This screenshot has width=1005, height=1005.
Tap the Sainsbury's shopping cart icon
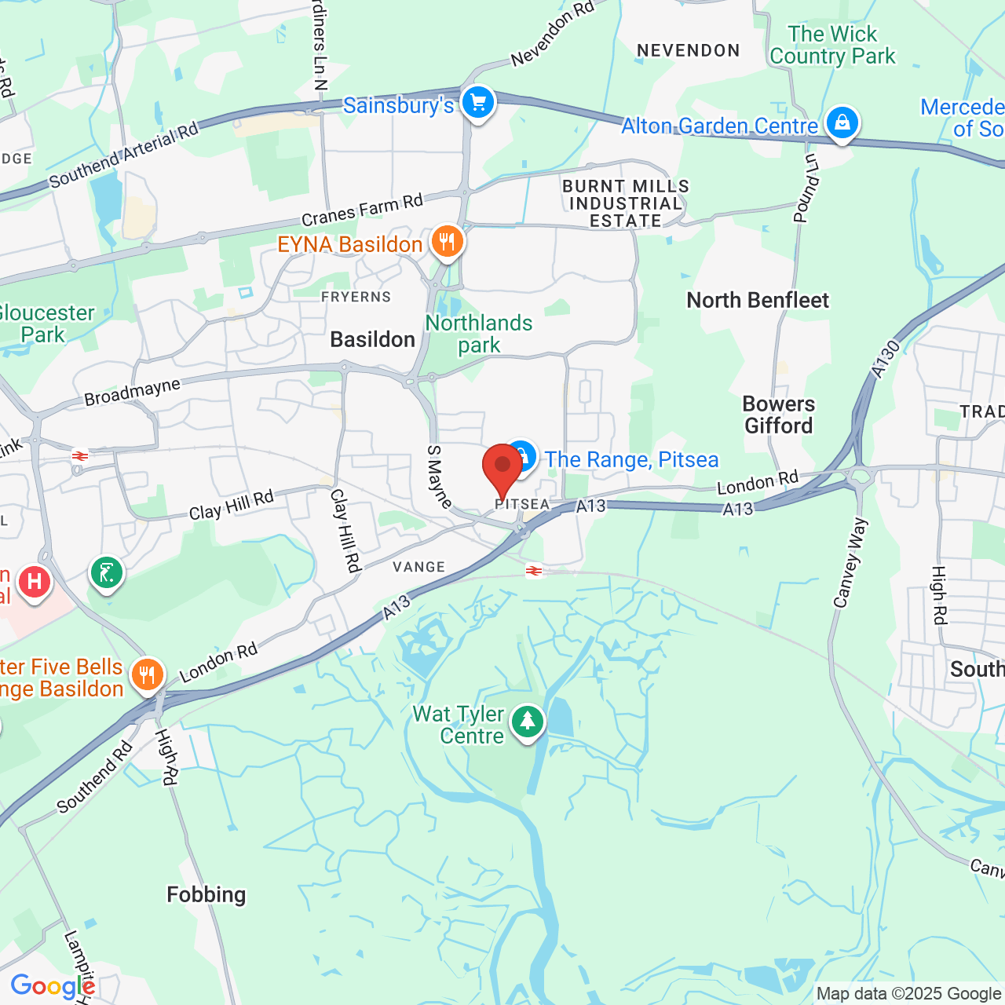point(477,103)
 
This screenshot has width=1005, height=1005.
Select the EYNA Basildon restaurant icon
point(447,243)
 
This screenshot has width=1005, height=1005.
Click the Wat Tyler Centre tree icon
point(528,721)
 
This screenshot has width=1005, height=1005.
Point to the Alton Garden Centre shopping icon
point(842,123)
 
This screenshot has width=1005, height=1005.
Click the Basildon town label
point(372,339)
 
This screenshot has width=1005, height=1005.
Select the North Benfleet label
point(758,301)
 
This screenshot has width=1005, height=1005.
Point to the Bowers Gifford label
point(779,415)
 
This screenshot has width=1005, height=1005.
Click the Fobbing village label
point(206,895)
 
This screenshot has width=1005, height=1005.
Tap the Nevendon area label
point(688,51)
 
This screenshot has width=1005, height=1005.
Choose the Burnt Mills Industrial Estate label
point(626,203)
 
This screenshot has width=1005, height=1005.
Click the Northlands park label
point(479,334)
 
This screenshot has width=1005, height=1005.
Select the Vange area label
point(419,567)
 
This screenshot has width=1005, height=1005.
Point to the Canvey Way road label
point(850,562)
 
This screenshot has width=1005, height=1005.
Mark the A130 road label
point(885,359)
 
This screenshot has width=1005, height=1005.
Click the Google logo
point(52,986)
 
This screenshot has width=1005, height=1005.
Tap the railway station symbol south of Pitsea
point(534,571)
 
